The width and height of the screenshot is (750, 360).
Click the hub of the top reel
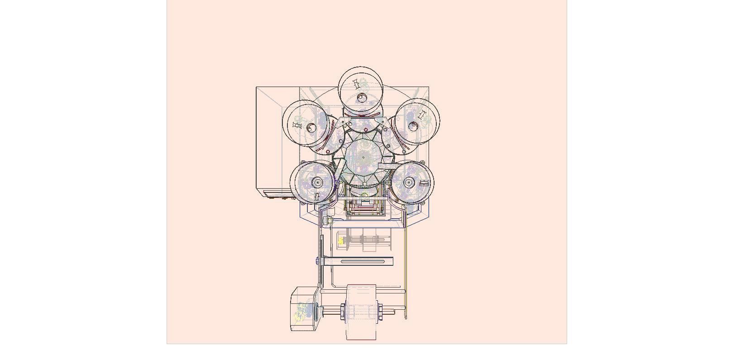click(x=361, y=98)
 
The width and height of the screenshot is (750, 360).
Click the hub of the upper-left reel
click(x=311, y=128)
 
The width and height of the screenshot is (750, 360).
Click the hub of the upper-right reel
click(x=413, y=126)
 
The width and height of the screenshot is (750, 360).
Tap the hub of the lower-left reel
click(x=317, y=182)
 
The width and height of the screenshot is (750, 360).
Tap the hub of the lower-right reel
click(x=409, y=182)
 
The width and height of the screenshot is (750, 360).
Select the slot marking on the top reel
click(x=356, y=84)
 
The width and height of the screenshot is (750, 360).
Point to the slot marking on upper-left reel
click(x=297, y=125)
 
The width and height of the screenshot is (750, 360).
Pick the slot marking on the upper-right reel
click(x=422, y=115)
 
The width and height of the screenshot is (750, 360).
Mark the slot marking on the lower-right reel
click(x=424, y=183)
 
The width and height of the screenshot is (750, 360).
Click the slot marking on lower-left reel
click(x=317, y=197)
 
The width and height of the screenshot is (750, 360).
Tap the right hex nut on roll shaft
click(x=381, y=312)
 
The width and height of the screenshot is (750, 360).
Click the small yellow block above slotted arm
click(x=341, y=241)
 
